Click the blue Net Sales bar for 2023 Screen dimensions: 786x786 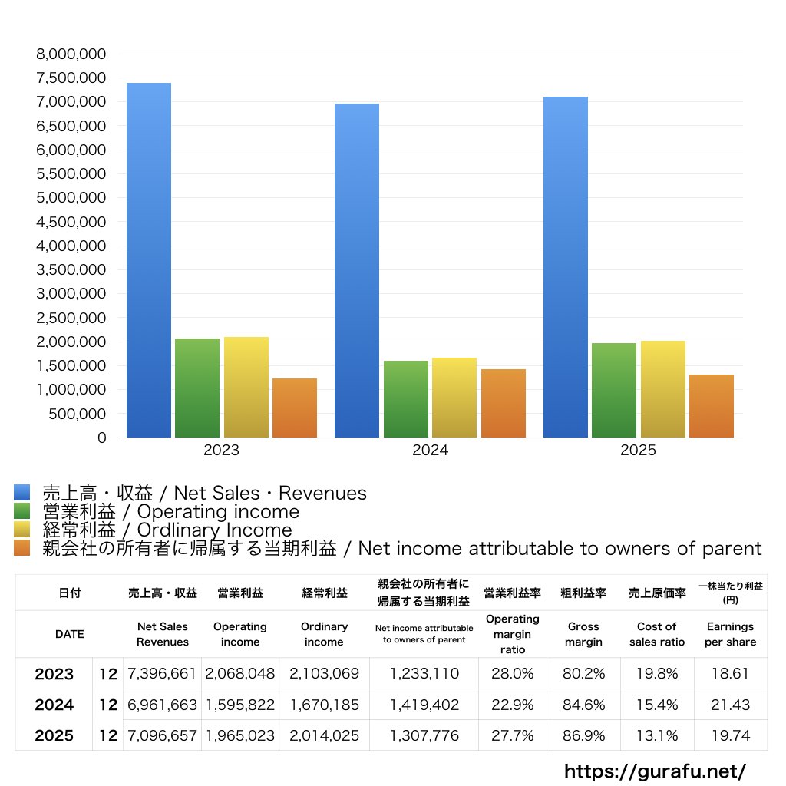tap(149, 261)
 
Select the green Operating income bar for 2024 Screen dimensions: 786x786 tap(406, 399)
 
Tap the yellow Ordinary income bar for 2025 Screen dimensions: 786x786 tap(663, 389)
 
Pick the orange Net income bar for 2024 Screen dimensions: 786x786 tap(504, 404)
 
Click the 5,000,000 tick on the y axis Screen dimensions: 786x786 tap(71, 198)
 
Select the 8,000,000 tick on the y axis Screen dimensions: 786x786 tap(71, 54)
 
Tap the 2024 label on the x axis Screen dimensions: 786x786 tap(430, 451)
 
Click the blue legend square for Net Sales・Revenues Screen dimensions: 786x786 tap(21, 493)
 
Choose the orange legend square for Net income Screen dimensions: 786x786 tap(21, 548)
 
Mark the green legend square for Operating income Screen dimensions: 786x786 tap(21, 511)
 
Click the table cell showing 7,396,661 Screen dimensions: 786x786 tap(163, 674)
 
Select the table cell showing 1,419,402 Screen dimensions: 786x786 tap(424, 705)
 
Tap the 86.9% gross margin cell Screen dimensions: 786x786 tap(583, 735)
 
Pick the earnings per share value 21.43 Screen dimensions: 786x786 tap(730, 705)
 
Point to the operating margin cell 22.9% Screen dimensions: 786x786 tap(512, 705)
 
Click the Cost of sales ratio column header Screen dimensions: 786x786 tap(657, 634)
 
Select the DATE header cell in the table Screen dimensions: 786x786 tap(69, 634)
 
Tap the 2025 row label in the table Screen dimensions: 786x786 tap(54, 735)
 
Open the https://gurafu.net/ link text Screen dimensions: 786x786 tap(655, 771)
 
